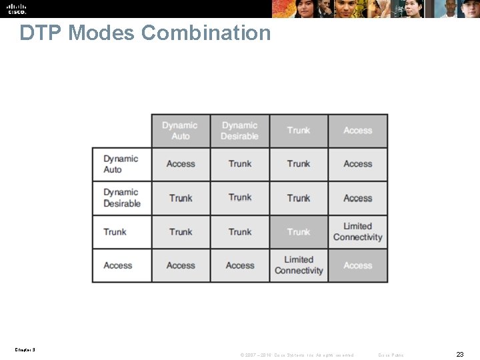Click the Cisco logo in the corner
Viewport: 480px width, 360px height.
[17, 9]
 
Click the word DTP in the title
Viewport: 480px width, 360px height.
[41, 33]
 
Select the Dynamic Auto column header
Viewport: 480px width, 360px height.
[180, 131]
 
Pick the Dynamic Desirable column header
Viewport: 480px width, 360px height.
[239, 131]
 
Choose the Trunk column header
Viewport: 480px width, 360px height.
[299, 131]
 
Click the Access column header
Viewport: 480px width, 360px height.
[358, 131]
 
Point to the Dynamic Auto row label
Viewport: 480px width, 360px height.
[121, 164]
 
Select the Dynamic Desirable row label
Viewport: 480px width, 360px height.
[122, 198]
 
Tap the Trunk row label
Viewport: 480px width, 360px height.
[115, 232]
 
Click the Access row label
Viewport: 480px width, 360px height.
[118, 265]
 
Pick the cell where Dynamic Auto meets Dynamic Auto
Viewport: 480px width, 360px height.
[181, 164]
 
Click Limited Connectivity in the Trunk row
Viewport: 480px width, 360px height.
[358, 232]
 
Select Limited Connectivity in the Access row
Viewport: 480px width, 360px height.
[299, 265]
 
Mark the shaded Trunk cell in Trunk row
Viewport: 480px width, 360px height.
[299, 232]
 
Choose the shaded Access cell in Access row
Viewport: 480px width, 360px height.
[358, 265]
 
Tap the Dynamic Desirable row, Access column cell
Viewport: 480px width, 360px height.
[358, 198]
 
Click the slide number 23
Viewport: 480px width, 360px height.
[460, 354]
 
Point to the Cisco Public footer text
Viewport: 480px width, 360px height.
[391, 355]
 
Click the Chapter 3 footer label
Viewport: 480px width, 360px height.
[25, 349]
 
